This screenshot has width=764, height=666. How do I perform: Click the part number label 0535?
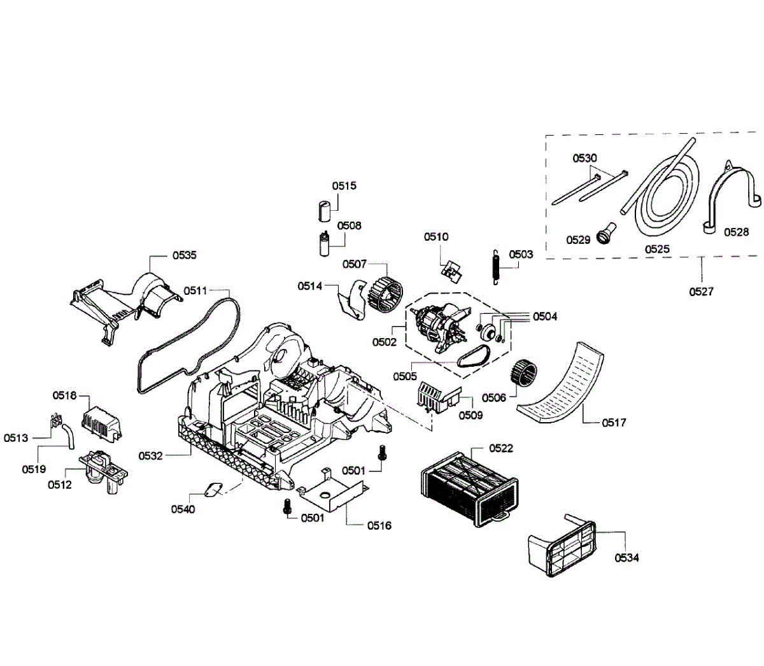[x=185, y=255]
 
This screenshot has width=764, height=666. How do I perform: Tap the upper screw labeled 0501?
[x=383, y=453]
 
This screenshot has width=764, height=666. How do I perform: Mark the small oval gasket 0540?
[x=212, y=489]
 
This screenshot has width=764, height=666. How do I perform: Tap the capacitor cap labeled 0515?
[x=325, y=209]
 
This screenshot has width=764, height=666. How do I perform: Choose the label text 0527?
[x=701, y=292]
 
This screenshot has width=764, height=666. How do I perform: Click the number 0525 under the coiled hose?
[x=657, y=249]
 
